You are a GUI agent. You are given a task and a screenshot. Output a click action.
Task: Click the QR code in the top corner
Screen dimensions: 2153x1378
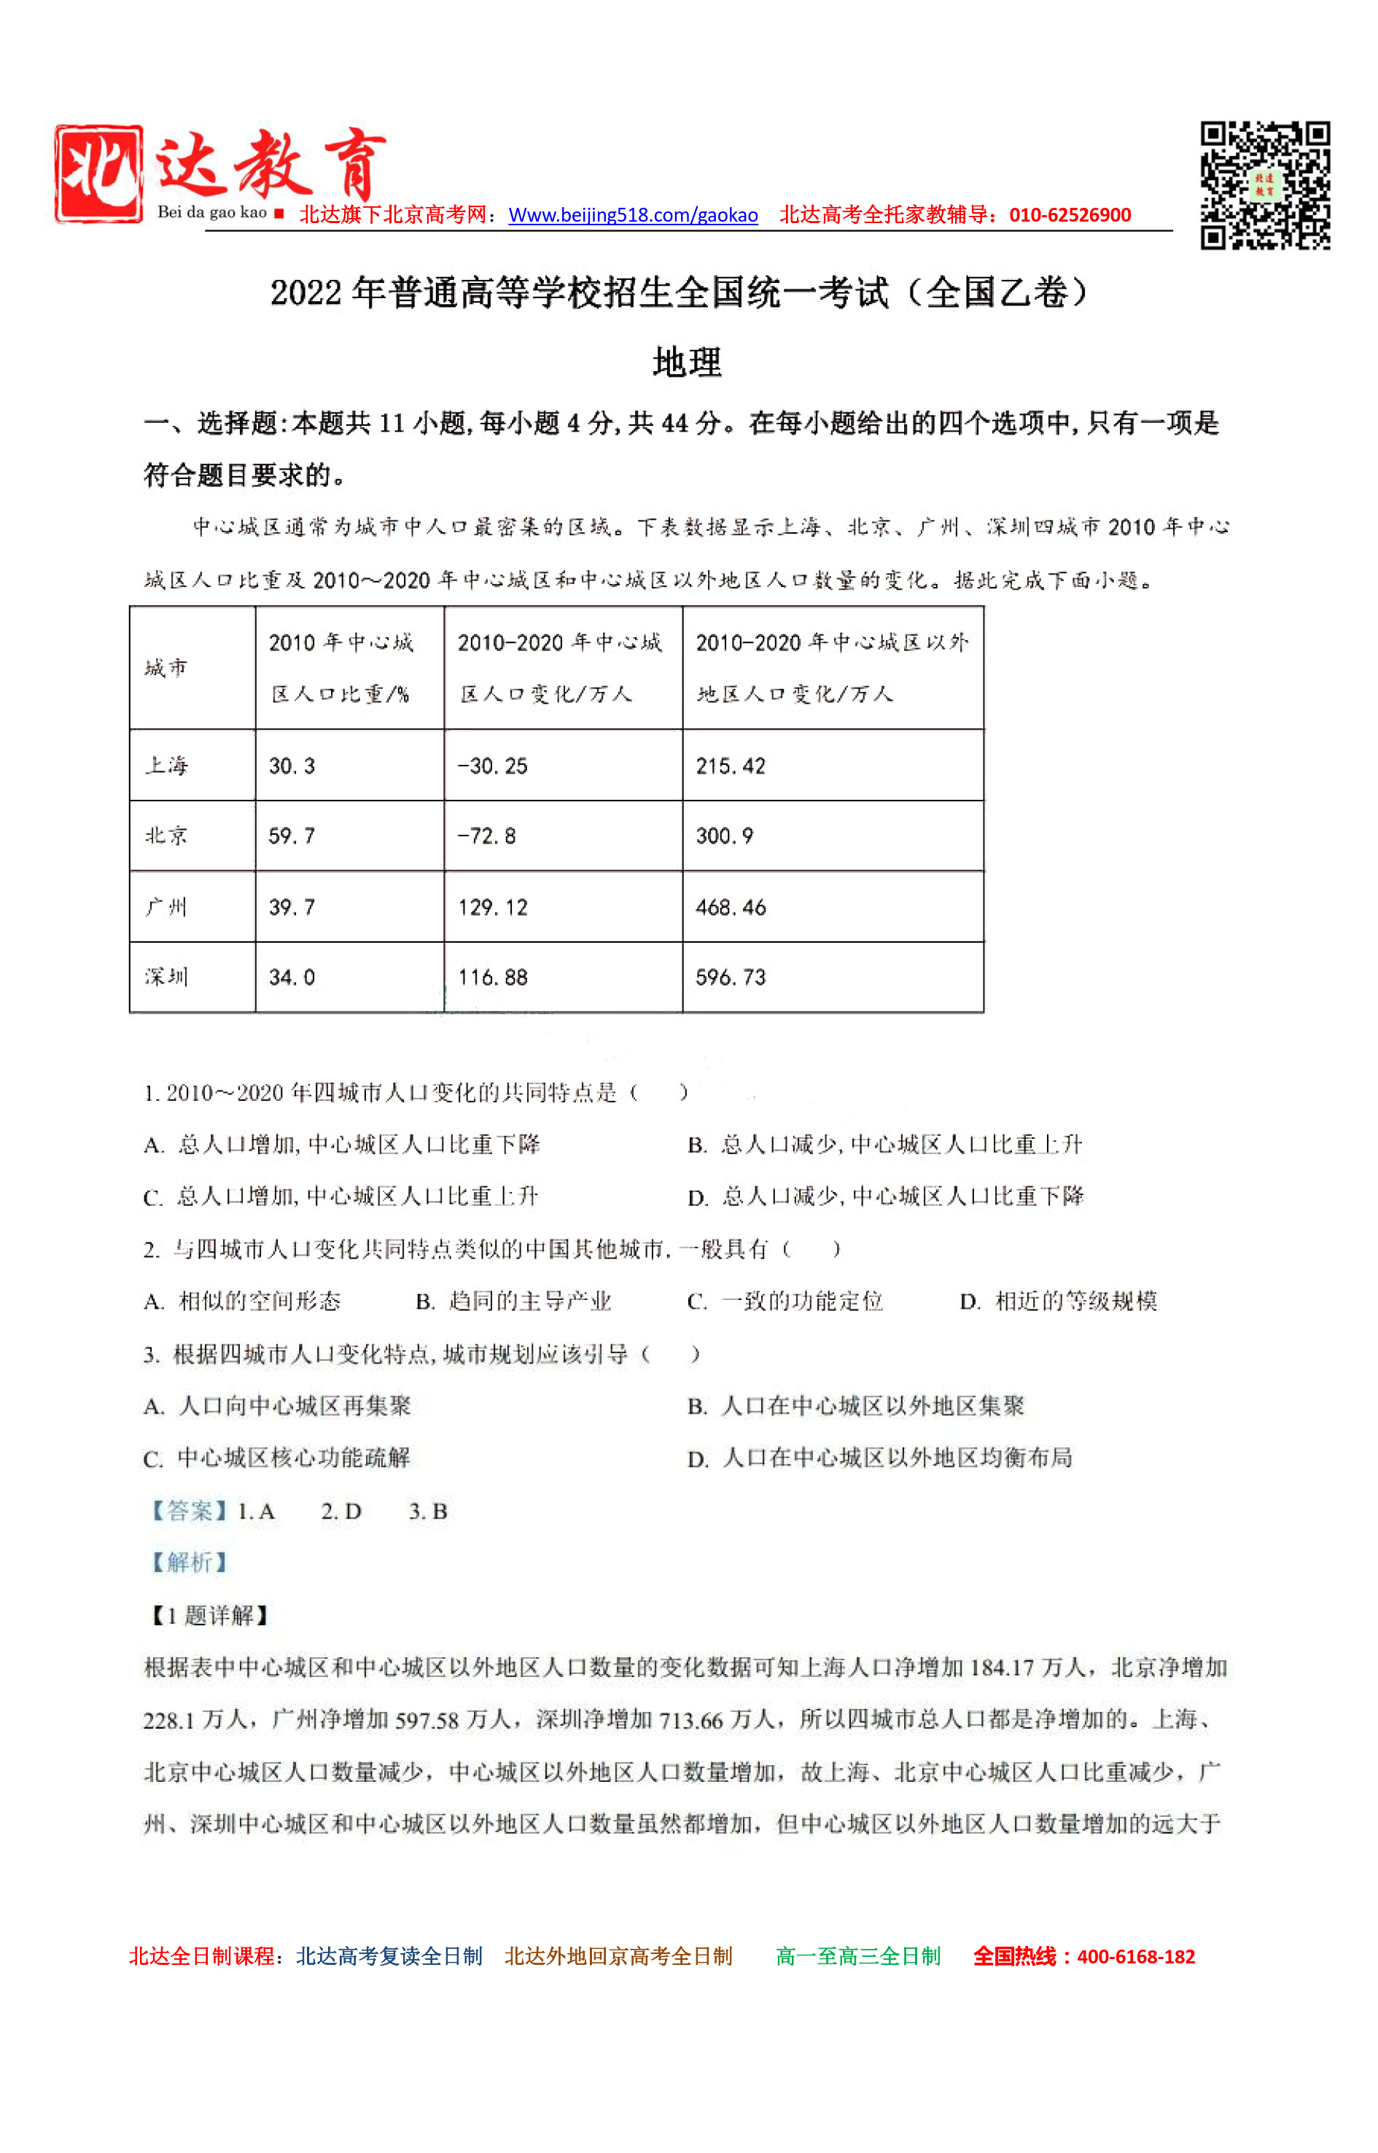point(1264,185)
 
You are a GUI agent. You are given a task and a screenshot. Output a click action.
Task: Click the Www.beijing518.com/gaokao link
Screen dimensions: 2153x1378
point(633,216)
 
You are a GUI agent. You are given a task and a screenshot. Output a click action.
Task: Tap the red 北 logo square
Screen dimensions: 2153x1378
point(98,174)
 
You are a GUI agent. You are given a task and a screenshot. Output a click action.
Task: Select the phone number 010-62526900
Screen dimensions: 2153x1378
point(1070,216)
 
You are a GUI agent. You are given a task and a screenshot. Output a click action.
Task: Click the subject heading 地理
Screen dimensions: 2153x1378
point(688,362)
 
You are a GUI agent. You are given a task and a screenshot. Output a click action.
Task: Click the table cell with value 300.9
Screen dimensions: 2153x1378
point(724,836)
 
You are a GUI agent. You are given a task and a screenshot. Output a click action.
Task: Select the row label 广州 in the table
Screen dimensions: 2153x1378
point(166,906)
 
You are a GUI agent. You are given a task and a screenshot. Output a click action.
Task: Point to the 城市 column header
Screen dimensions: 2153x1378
point(166,668)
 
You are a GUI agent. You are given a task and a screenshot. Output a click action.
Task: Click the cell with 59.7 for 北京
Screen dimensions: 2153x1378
point(292,836)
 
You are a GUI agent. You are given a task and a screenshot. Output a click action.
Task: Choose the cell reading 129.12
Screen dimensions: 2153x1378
point(492,906)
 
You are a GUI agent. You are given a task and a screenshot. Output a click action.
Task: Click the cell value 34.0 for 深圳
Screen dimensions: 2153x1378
point(292,977)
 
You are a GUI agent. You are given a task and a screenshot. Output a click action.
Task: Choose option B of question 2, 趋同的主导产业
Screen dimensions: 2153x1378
point(515,1301)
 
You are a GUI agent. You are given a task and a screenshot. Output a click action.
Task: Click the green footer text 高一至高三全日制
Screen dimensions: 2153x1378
point(857,1956)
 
